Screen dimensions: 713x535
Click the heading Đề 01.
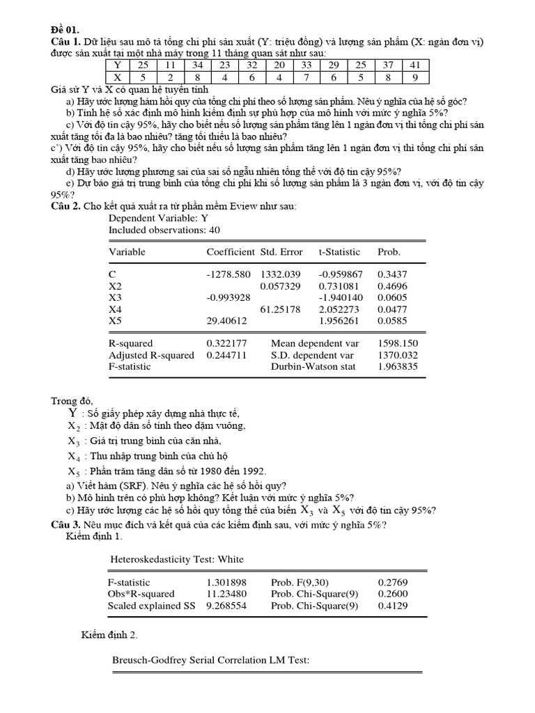[65, 29]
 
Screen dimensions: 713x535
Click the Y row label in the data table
[117, 65]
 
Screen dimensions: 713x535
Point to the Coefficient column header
[231, 252]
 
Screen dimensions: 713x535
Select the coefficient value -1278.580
[228, 274]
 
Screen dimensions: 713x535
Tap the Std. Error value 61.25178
[280, 308]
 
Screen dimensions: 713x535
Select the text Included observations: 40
[164, 229]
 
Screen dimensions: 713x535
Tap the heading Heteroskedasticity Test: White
[178, 559]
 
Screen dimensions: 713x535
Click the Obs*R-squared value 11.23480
[227, 594]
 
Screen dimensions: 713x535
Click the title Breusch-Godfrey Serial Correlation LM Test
[211, 659]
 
